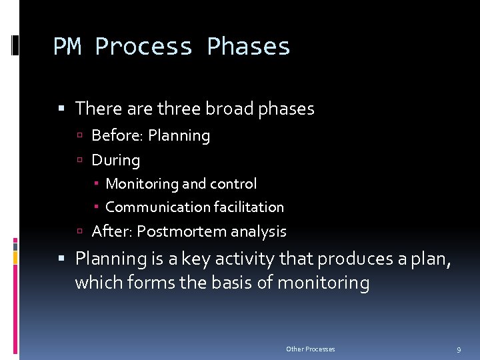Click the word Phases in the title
tap(249, 47)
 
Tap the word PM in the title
tap(67, 47)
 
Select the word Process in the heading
tap(143, 47)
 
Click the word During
tap(116, 160)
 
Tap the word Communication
tap(155, 207)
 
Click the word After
tap(111, 231)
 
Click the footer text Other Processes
tap(311, 349)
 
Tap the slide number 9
tap(459, 349)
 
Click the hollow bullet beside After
tap(79, 232)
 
